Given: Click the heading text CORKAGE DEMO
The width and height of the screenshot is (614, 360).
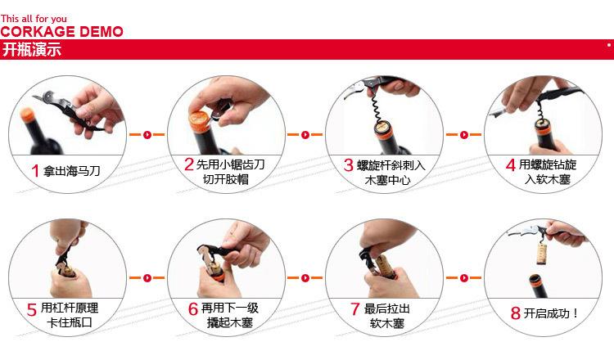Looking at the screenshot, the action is click(62, 31).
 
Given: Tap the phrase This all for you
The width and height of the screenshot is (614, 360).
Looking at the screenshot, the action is click(34, 18).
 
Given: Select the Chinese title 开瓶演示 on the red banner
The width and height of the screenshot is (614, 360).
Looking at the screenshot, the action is click(32, 50).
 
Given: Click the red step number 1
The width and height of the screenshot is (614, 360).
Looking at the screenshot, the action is click(35, 171).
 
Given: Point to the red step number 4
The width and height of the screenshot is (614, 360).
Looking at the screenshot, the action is click(510, 164).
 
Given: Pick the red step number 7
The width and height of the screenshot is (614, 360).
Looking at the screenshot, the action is click(354, 308).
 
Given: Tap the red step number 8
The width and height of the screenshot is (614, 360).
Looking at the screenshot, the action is click(515, 313).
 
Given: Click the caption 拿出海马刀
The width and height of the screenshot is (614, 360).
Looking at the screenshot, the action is click(72, 171).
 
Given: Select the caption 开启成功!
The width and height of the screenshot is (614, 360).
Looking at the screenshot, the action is click(551, 313).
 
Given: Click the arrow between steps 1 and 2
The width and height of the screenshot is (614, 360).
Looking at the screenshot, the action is click(147, 135).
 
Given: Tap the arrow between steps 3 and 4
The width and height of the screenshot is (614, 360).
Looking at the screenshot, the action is click(463, 135).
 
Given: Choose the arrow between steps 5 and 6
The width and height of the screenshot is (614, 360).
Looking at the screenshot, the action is click(147, 278).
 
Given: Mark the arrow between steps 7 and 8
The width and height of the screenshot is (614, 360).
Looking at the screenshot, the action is click(463, 278).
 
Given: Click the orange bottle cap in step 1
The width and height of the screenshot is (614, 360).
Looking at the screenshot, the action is click(27, 114).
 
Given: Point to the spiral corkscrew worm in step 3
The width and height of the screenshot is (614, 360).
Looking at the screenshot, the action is click(375, 106).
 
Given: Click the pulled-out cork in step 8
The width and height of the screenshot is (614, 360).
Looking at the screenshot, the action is click(542, 253).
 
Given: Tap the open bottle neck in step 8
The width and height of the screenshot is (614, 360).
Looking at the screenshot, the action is click(535, 285).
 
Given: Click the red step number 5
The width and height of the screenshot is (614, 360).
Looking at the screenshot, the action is click(32, 310).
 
